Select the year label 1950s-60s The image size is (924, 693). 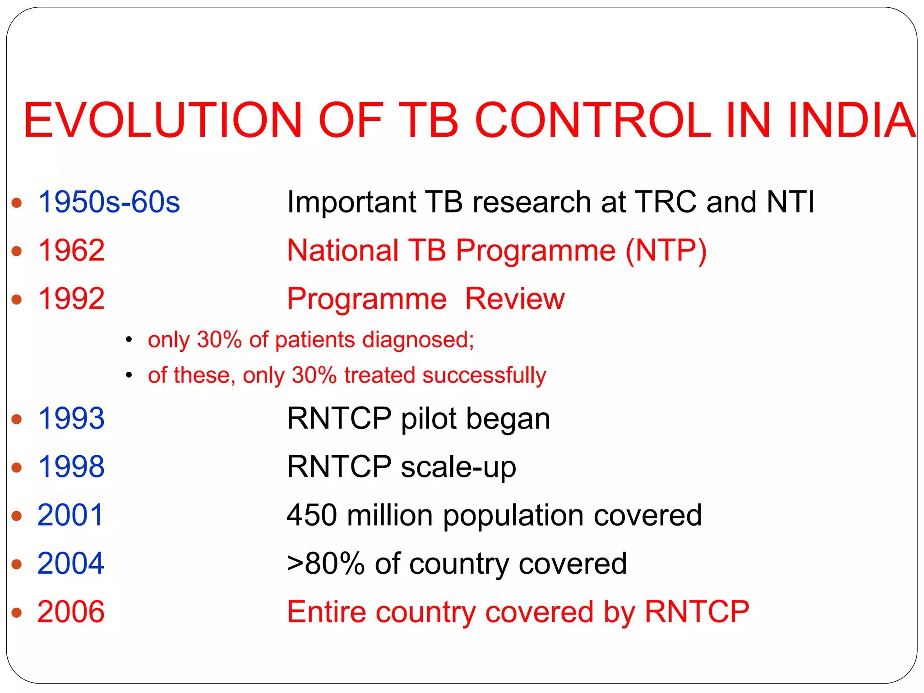(x=109, y=202)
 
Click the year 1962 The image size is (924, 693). (x=71, y=250)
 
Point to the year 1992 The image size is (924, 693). (x=71, y=299)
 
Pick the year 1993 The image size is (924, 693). (x=71, y=418)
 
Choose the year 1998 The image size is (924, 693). (x=71, y=467)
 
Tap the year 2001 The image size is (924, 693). (x=70, y=515)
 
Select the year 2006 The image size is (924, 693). (x=70, y=612)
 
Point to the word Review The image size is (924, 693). (x=514, y=299)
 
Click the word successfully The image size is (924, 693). (x=484, y=375)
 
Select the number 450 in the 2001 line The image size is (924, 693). (x=312, y=515)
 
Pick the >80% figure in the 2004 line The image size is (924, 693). (x=326, y=564)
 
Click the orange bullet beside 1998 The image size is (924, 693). (x=17, y=467)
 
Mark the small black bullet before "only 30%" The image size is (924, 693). (x=129, y=340)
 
